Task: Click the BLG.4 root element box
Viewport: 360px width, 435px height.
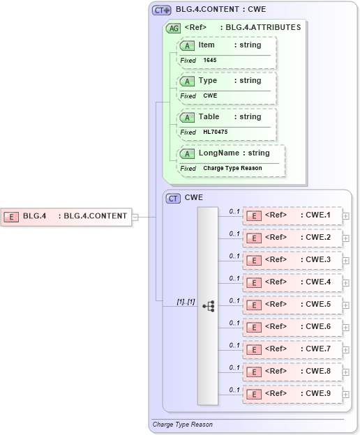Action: pyautogui.click(x=66, y=216)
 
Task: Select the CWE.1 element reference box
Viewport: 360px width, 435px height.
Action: pyautogui.click(x=292, y=215)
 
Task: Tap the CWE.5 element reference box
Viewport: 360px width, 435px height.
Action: pyautogui.click(x=292, y=305)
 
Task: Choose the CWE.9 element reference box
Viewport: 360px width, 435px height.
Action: pyautogui.click(x=292, y=394)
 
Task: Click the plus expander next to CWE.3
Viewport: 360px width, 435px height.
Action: pyautogui.click(x=346, y=261)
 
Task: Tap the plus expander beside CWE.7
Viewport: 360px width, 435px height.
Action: pyautogui.click(x=346, y=350)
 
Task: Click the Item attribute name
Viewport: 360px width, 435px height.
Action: pyautogui.click(x=207, y=45)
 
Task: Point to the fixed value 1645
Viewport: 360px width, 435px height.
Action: pyautogui.click(x=210, y=61)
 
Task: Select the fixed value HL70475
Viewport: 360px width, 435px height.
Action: pyautogui.click(x=216, y=132)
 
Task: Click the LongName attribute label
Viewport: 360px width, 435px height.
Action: pyautogui.click(x=215, y=153)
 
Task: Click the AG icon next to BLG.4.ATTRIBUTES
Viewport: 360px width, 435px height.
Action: pyautogui.click(x=172, y=29)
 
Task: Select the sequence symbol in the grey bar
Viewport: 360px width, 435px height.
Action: pyautogui.click(x=208, y=305)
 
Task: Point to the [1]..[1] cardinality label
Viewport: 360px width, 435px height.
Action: pyautogui.click(x=185, y=302)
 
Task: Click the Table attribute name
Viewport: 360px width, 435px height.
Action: pyautogui.click(x=209, y=116)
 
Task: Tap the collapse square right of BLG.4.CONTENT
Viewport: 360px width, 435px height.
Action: pyautogui.click(x=135, y=216)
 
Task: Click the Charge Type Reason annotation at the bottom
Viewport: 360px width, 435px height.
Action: pyautogui.click(x=182, y=424)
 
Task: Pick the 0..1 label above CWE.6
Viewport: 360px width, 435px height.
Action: pyautogui.click(x=234, y=322)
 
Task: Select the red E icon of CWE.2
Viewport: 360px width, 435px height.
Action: pyautogui.click(x=255, y=238)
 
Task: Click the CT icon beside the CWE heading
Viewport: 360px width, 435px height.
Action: pyautogui.click(x=173, y=198)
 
